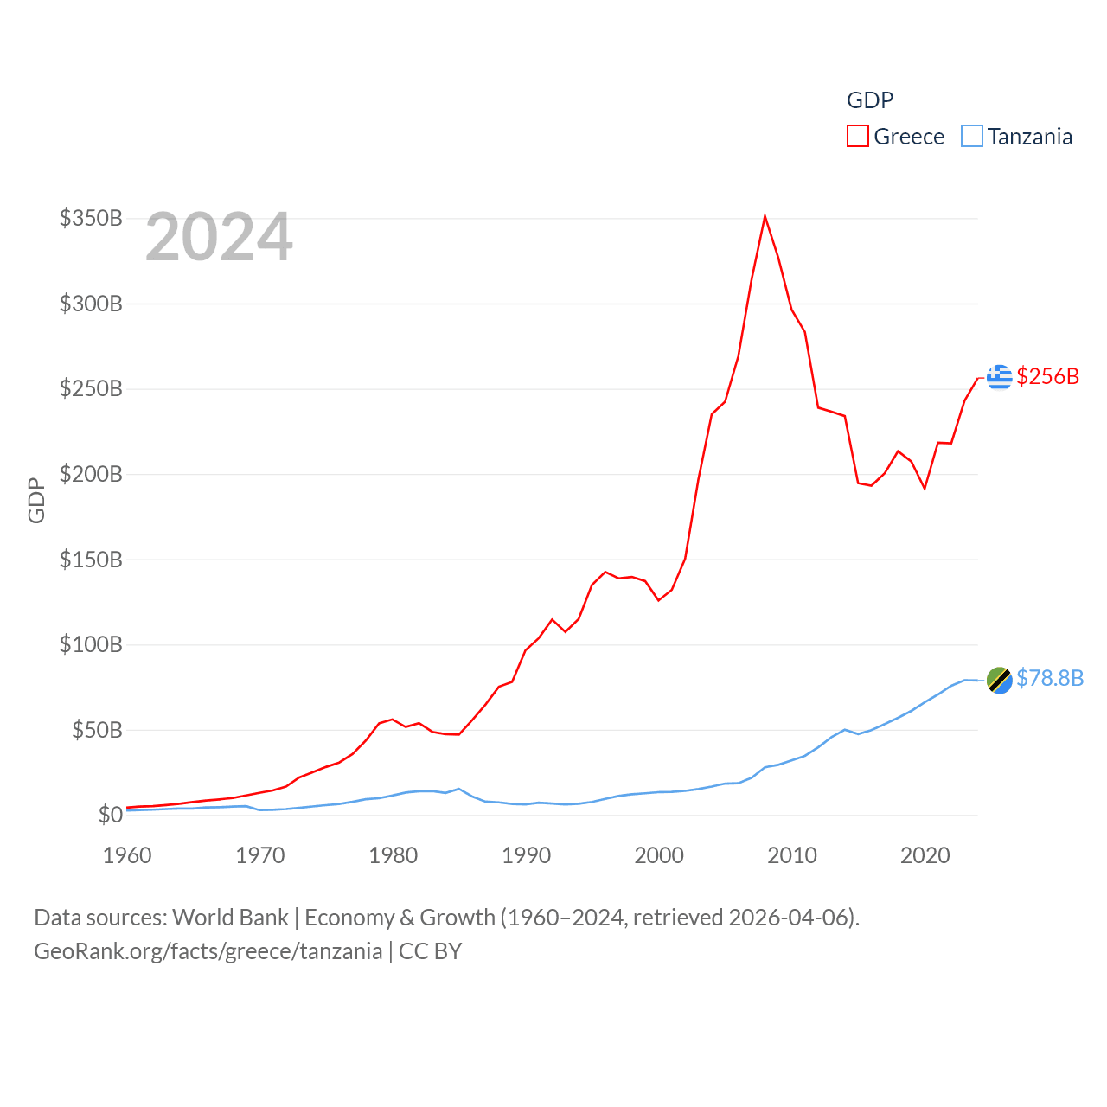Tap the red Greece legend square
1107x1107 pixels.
click(857, 137)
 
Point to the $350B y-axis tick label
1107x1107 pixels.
click(91, 218)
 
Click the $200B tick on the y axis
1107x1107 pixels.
click(91, 474)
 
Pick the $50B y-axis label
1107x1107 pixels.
click(97, 730)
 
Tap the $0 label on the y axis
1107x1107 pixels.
click(110, 815)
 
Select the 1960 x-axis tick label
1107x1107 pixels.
click(127, 855)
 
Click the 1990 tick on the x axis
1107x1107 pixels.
click(526, 855)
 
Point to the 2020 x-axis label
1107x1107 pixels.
click(925, 855)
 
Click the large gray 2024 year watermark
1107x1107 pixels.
click(219, 237)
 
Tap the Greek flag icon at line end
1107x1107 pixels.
click(1000, 377)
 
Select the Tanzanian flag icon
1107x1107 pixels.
click(999, 681)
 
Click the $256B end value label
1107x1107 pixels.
click(1048, 376)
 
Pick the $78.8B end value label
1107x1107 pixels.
click(1050, 678)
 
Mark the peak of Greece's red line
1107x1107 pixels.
click(765, 216)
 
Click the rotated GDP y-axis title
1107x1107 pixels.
click(36, 500)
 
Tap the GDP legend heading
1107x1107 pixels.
click(870, 100)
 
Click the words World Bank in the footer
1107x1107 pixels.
click(230, 917)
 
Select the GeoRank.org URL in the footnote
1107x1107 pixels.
click(208, 951)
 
